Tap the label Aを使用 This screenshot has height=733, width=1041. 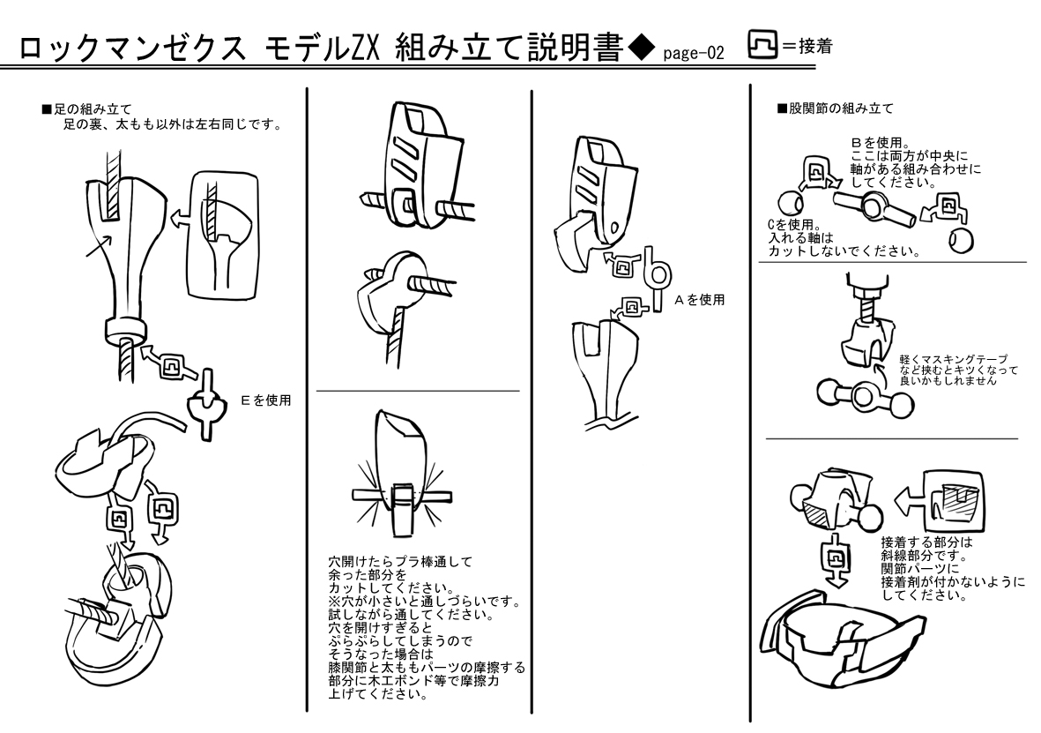700,300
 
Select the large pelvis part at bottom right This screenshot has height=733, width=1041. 838,636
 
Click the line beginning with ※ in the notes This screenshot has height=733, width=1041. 422,602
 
